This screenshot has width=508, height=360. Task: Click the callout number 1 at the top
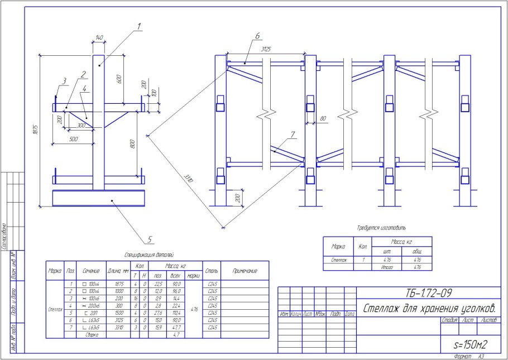coord(139,26)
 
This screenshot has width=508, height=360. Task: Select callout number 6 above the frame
coord(257,36)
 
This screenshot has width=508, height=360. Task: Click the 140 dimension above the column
coord(99,37)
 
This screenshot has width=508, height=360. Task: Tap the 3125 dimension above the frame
coord(266,50)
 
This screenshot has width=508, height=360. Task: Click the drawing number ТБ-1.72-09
coord(426,292)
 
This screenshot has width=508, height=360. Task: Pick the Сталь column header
coord(212,271)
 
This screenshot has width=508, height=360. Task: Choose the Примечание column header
coord(245,271)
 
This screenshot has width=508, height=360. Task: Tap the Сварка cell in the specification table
coord(91,335)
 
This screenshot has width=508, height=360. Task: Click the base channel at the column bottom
coord(99,198)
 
